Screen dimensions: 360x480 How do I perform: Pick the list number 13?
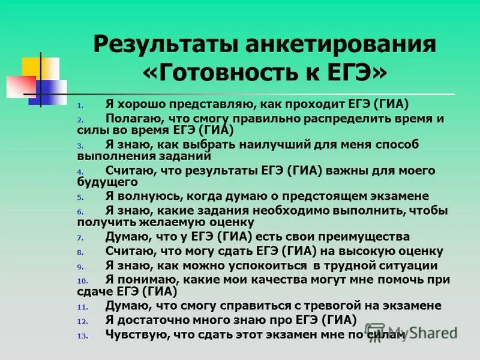click(x=82, y=337)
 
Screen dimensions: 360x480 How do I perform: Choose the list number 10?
click(x=82, y=281)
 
